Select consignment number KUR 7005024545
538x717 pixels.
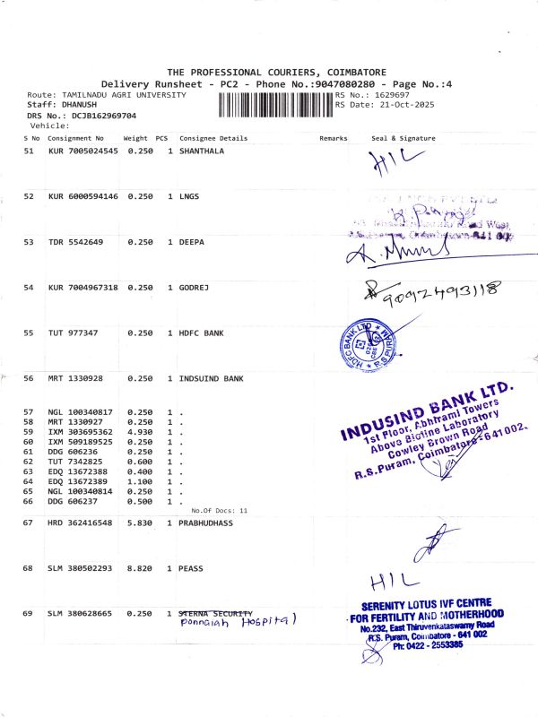pos(83,151)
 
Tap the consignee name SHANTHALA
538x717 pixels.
pos(202,151)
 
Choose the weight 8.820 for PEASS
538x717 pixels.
pos(136,567)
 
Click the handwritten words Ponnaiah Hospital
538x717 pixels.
pos(238,620)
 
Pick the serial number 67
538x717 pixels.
pos(28,523)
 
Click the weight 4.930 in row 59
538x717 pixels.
pos(136,432)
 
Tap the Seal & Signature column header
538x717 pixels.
pos(403,139)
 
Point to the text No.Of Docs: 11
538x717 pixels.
pos(220,510)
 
